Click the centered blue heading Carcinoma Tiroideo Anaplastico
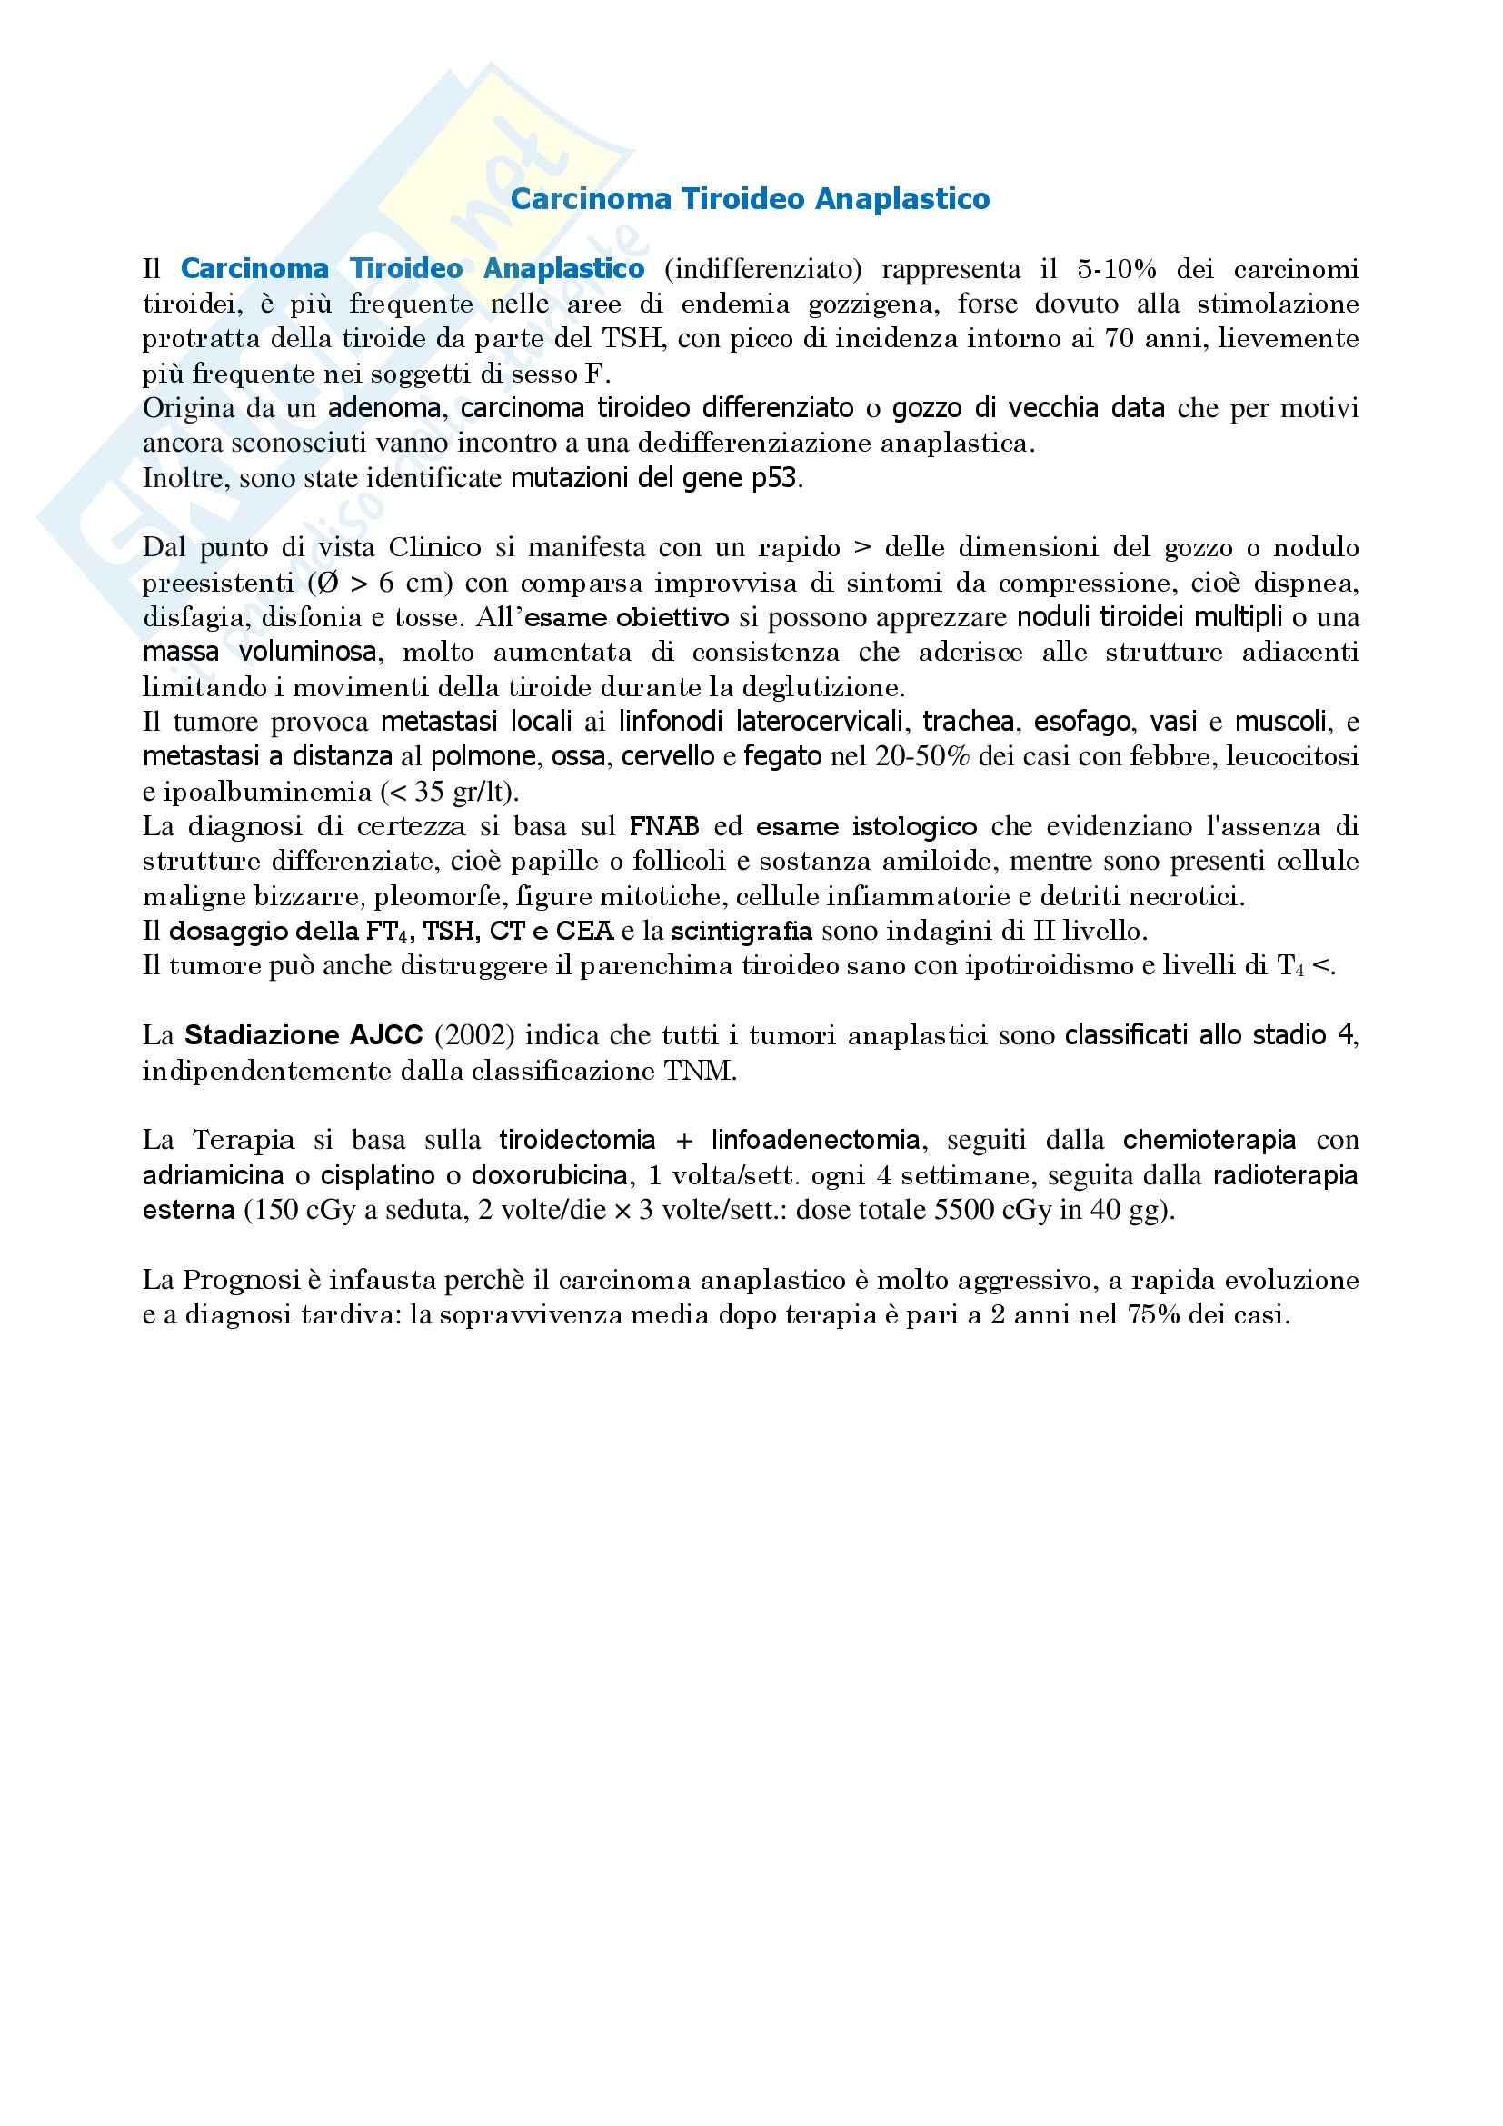tap(750, 199)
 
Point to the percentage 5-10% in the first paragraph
tap(1117, 269)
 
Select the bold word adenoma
tap(383, 408)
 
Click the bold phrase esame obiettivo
tap(627, 617)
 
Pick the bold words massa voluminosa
tap(260, 653)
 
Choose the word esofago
tap(1082, 723)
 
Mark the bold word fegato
tap(782, 757)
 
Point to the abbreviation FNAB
tap(664, 827)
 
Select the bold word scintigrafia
tap(742, 931)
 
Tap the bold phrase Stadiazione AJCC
tap(304, 1035)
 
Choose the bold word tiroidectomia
tap(578, 1140)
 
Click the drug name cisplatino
tap(378, 1176)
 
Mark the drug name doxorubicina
tap(550, 1176)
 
